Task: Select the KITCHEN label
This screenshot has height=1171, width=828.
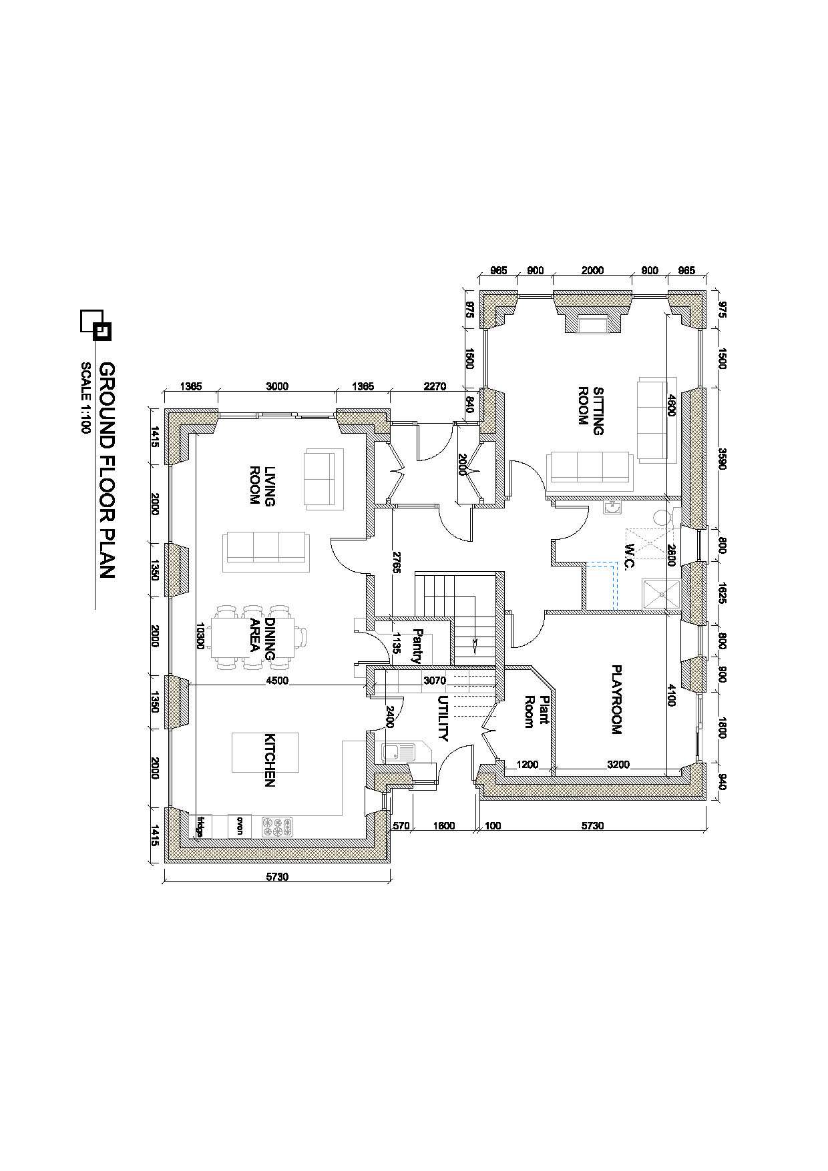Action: pos(270,760)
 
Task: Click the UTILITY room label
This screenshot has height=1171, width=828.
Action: pos(443,719)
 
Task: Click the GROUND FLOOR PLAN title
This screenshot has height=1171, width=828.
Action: pos(107,470)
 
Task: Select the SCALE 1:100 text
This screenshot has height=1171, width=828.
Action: pos(85,398)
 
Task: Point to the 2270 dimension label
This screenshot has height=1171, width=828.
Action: pos(435,386)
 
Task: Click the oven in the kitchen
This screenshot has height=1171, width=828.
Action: pos(240,825)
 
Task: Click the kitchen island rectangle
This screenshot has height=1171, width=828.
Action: pos(265,753)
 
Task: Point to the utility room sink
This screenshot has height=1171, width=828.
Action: pos(398,753)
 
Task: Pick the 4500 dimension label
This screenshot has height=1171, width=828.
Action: pos(277,681)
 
